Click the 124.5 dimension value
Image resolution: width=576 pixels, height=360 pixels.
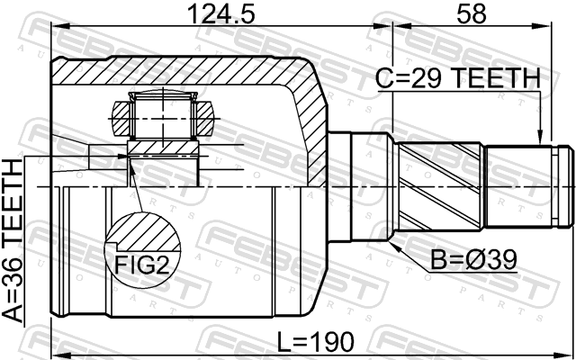(x=220, y=13)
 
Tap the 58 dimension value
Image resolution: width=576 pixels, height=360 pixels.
(x=472, y=13)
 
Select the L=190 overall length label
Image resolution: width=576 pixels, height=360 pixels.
(x=316, y=341)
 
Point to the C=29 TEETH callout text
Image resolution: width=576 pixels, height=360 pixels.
(x=458, y=78)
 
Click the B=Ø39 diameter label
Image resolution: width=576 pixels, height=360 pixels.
(x=474, y=260)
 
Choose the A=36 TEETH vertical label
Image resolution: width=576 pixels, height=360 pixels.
(x=12, y=241)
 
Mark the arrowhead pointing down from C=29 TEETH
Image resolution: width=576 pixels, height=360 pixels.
(x=540, y=137)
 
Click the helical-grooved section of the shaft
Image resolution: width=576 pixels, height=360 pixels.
(x=440, y=187)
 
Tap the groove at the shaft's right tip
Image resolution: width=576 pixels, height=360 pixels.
(x=558, y=187)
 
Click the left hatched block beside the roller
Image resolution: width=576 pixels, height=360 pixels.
(x=121, y=118)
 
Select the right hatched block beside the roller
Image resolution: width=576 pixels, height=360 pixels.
(x=204, y=118)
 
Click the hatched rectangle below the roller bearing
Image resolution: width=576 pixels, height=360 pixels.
(x=162, y=148)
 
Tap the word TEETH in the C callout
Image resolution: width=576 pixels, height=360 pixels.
(x=496, y=78)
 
